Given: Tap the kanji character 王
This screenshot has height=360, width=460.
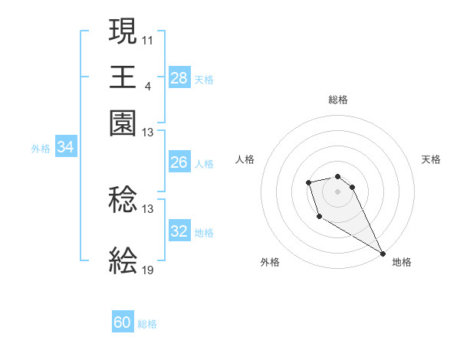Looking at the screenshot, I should tap(123, 77).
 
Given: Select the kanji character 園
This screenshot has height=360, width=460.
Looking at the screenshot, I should tap(123, 123).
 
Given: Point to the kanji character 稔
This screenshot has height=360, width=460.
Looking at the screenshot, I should tap(123, 201).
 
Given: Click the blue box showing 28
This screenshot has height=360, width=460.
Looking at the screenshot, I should tap(179, 77).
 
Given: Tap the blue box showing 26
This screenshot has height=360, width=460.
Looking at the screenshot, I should tap(179, 162).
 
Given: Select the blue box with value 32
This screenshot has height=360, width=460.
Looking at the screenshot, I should tap(179, 231).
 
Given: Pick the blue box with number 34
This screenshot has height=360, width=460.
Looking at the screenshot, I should tap(65, 148).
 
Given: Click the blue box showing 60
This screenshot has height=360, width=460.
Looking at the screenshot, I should tap(123, 322).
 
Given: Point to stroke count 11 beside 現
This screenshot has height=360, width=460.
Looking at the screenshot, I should tap(148, 39).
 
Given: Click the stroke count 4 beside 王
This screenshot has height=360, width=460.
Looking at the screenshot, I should tap(147, 86).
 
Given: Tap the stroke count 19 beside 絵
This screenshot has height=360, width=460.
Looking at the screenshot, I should tap(148, 270).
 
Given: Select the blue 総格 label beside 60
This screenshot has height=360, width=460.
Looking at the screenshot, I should tap(147, 324).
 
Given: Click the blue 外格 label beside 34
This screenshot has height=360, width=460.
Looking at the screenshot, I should tap(41, 149).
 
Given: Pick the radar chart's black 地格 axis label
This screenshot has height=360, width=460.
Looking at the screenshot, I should tap(402, 262).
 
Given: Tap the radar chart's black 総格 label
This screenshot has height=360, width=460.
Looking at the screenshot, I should tap(337, 100).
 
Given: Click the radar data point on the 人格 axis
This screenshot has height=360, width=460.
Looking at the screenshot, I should tap(308, 182).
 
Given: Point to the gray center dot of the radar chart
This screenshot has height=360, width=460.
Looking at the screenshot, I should tap(337, 191).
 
